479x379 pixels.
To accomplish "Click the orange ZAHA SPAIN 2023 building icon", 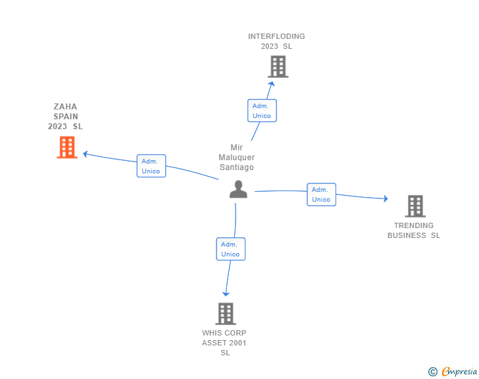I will tap(66, 147).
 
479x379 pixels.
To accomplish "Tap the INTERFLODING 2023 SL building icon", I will tap(278, 67).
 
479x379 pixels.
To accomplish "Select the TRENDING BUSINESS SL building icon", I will tap(415, 206).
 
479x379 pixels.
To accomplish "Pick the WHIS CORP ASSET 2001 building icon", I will tap(226, 314).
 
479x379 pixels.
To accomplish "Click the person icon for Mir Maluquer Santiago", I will tap(238, 189).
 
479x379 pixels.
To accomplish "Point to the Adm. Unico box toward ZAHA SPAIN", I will tap(151, 166).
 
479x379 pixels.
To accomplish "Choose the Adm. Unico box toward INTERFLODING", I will tap(262, 111).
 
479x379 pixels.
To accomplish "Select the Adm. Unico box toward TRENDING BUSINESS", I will tap(321, 194).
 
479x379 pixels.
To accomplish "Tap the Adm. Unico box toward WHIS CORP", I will tap(230, 249).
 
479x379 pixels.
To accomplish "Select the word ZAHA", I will tap(66, 106).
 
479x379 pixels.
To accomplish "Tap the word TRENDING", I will tap(414, 225).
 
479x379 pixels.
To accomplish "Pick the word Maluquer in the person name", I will tap(237, 158).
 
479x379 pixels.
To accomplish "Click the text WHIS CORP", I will tap(224, 333).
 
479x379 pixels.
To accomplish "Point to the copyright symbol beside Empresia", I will tap(432, 372).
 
